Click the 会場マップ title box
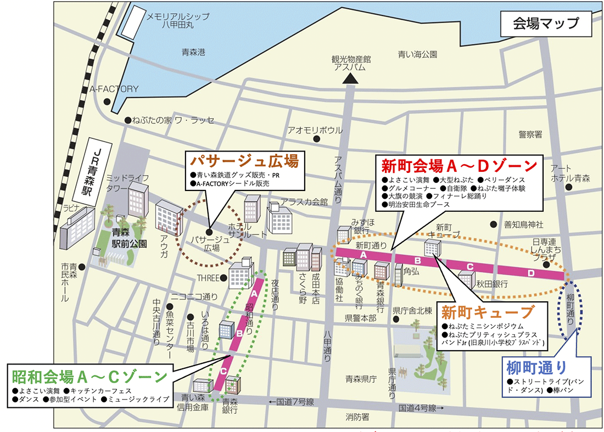point(545,24)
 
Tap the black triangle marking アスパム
point(350,80)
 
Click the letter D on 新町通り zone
point(531,273)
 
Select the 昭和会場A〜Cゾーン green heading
point(89,377)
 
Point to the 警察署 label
point(530,134)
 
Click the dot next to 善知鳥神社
point(493,225)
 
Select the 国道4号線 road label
point(417,408)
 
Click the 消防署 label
point(357,417)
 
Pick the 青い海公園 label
point(418,54)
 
